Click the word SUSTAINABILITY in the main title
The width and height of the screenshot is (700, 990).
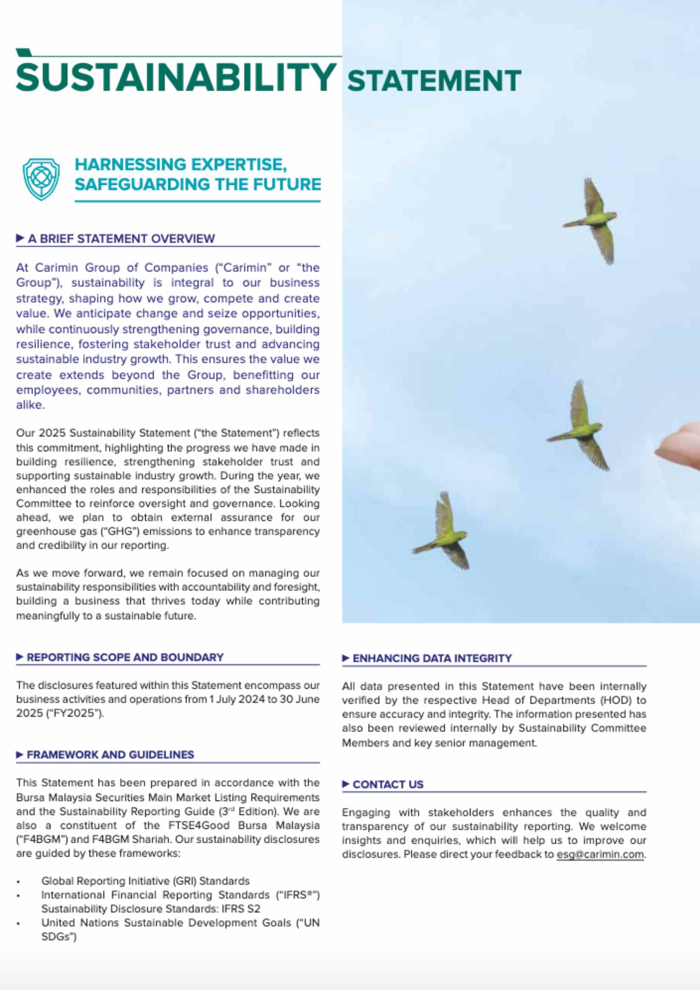(176, 77)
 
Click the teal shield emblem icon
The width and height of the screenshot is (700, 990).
(41, 179)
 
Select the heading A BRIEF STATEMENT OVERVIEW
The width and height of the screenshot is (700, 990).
(121, 239)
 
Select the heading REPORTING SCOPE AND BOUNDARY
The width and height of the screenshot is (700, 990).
(125, 657)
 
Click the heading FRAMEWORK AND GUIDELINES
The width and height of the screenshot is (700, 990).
(110, 754)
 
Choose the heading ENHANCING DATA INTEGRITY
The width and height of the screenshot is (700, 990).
(432, 659)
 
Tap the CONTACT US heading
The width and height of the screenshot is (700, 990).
(388, 784)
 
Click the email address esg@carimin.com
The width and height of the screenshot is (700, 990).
(600, 854)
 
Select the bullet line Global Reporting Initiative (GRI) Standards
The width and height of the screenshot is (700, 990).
(145, 881)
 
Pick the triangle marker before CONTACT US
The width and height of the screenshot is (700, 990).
(346, 784)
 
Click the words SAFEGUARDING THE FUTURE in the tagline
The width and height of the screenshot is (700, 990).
(198, 184)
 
